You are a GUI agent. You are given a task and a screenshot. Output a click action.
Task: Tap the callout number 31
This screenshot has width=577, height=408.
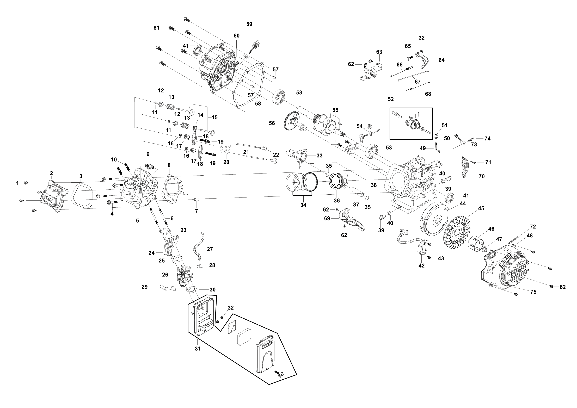(198, 349)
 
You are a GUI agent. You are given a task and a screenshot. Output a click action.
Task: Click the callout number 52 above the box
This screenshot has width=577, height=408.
(391, 99)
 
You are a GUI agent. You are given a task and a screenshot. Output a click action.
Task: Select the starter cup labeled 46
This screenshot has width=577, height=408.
(476, 243)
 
